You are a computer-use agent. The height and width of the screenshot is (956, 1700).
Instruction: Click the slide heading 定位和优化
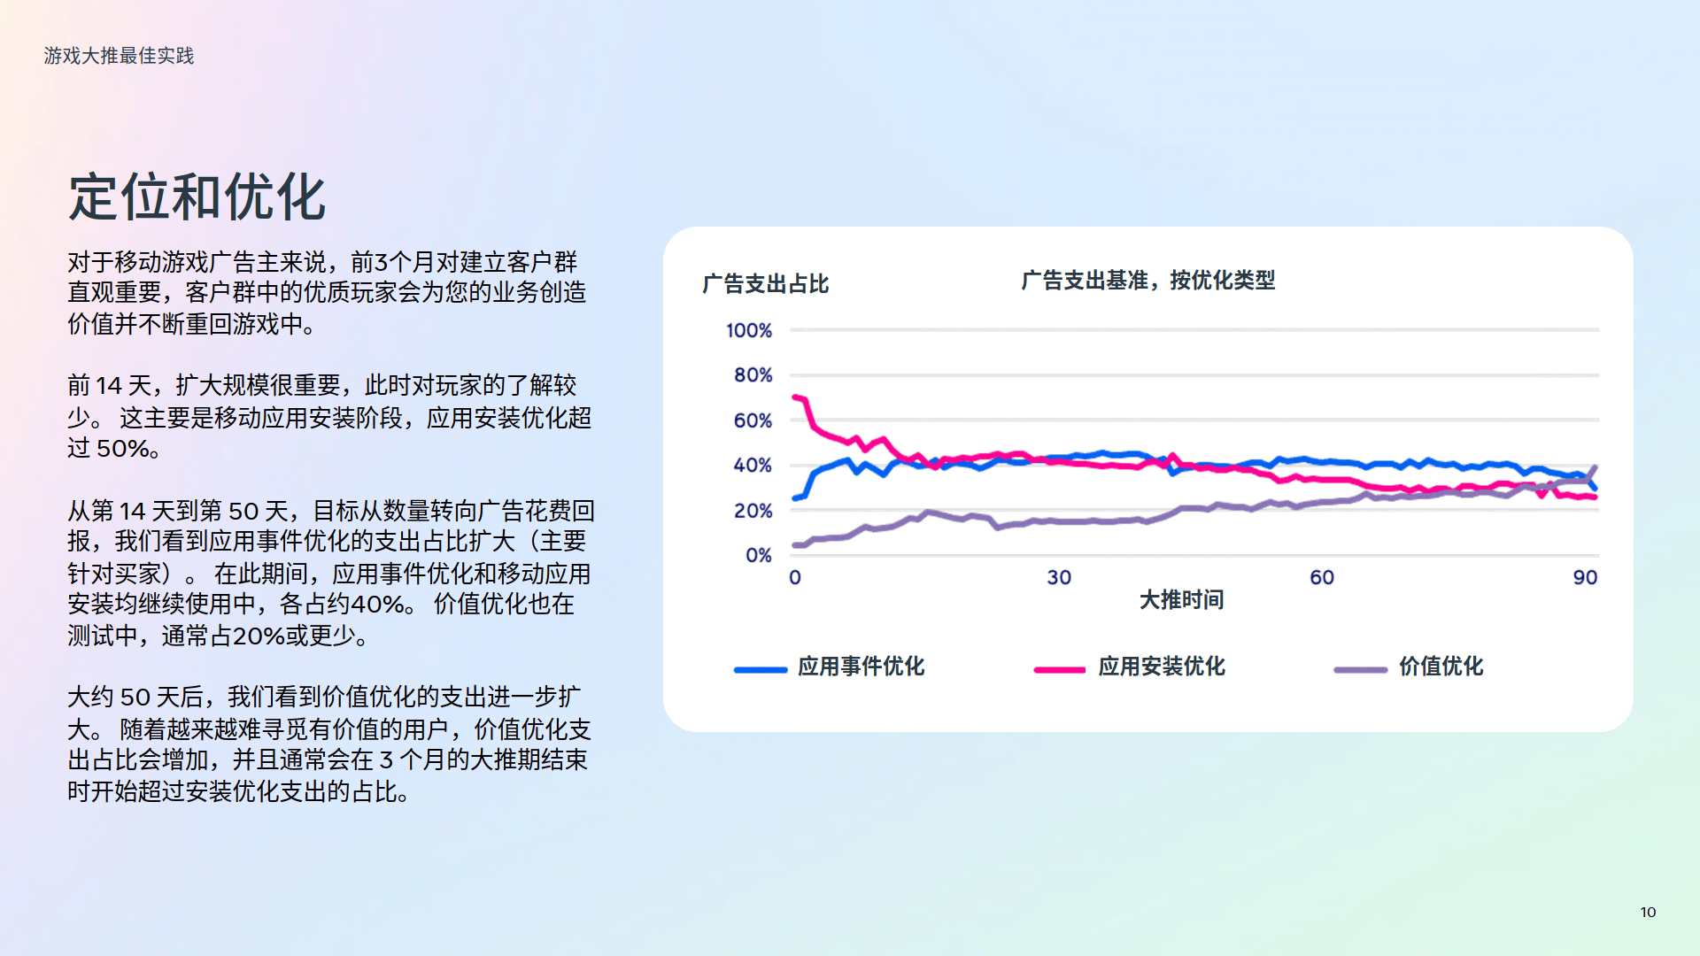[197, 197]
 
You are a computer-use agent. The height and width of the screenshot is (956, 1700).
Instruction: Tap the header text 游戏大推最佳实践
[119, 56]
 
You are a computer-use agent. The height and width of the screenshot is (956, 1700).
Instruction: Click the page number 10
[1648, 912]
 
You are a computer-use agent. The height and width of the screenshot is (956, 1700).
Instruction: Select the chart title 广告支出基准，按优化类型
[1147, 281]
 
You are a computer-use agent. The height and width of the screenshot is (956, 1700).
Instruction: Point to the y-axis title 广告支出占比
[765, 284]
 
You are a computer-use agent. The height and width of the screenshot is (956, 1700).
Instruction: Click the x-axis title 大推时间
[1181, 600]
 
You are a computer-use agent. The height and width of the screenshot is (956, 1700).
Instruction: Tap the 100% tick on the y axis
[749, 330]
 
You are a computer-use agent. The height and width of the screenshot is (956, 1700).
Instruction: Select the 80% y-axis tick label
[753, 375]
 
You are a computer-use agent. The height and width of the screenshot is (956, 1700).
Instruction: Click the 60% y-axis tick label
[753, 420]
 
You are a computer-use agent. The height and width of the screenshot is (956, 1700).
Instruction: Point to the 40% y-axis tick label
[753, 466]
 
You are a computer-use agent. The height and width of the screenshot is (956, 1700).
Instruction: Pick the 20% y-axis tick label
[753, 511]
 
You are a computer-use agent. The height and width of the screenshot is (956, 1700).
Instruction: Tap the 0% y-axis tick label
[759, 556]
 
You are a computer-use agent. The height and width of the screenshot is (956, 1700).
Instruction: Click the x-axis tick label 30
[1059, 578]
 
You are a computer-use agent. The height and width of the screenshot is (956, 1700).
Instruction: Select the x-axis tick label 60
[1322, 578]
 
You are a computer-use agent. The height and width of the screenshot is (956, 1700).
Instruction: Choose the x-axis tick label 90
[1585, 578]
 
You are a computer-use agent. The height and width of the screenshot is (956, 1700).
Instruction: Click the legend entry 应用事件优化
[829, 667]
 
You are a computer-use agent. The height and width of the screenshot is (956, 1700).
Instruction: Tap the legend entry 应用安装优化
[1129, 667]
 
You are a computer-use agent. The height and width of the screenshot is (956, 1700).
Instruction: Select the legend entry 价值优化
[1408, 667]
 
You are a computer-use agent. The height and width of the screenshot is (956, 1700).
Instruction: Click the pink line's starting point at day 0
[795, 397]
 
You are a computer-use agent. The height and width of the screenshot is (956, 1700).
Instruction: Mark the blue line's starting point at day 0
[795, 498]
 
